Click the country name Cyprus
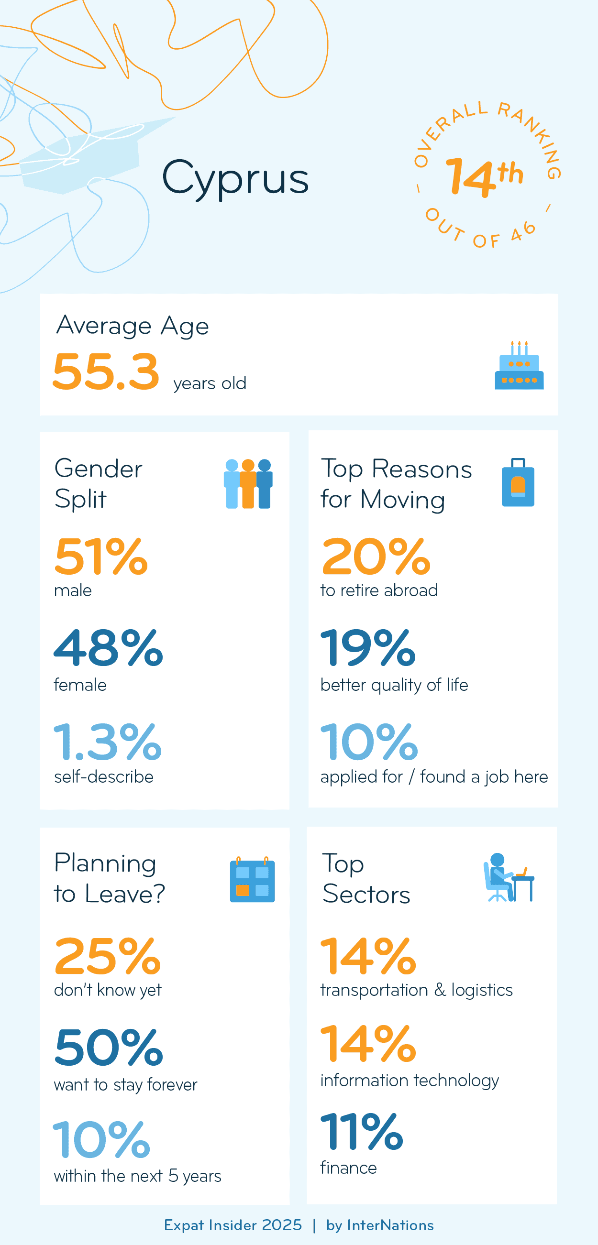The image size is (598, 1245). pos(235,179)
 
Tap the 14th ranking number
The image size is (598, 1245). pos(484,177)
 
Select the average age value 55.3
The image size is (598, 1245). pos(106,371)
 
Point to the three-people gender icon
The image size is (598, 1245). pos(248,483)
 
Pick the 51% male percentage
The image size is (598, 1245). pos(100,557)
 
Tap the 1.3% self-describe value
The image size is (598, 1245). pos(107,742)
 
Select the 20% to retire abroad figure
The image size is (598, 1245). pos(376,557)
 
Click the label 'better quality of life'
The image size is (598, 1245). pos(394,685)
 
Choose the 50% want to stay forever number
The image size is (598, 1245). pos(108,1048)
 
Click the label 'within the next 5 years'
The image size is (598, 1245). pos(137,1176)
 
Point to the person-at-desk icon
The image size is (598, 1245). pos(509,878)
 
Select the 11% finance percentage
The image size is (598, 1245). pos(361,1131)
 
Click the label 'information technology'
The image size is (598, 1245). pos(409,1080)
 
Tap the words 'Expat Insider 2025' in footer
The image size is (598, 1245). pos(233,1225)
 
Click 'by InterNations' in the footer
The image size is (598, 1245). pos(380,1225)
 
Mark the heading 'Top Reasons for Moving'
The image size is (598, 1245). pos(396,484)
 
